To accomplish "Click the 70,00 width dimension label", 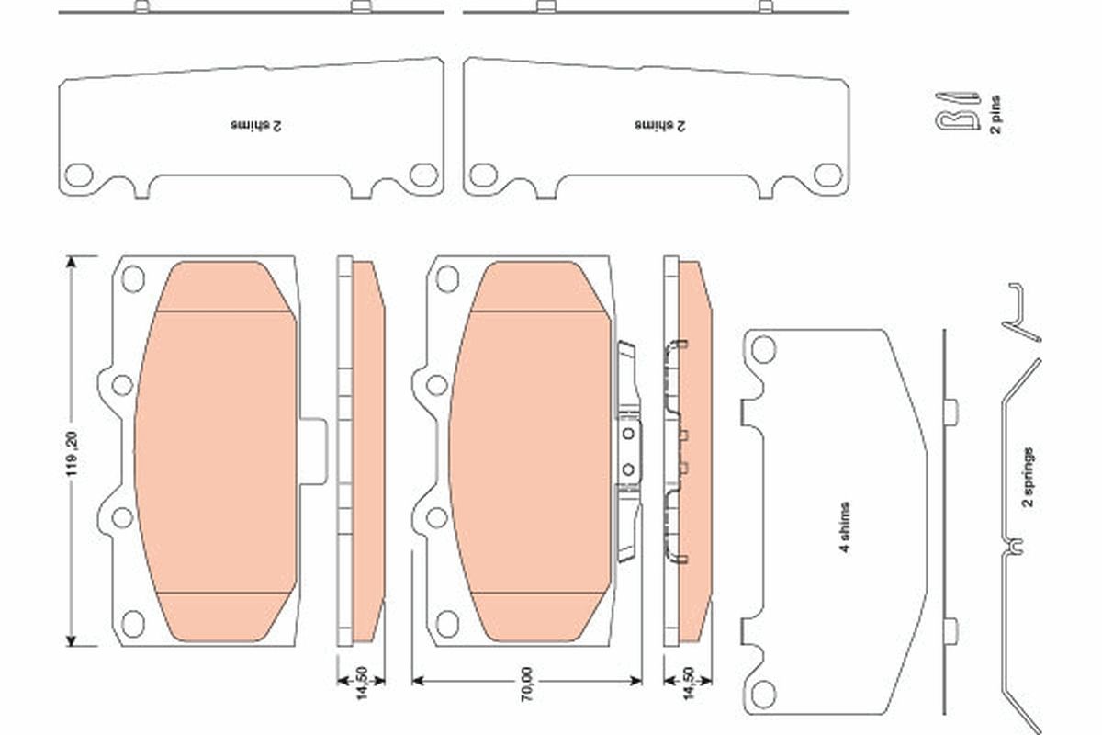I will [527, 682].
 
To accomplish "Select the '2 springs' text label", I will [1029, 477].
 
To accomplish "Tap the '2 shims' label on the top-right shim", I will [658, 123].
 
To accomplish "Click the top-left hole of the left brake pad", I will [133, 277].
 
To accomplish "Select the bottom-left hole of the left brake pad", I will [133, 623].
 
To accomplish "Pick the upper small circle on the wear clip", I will [629, 433].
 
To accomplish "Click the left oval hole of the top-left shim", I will [80, 174].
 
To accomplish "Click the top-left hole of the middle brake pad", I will [447, 277].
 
